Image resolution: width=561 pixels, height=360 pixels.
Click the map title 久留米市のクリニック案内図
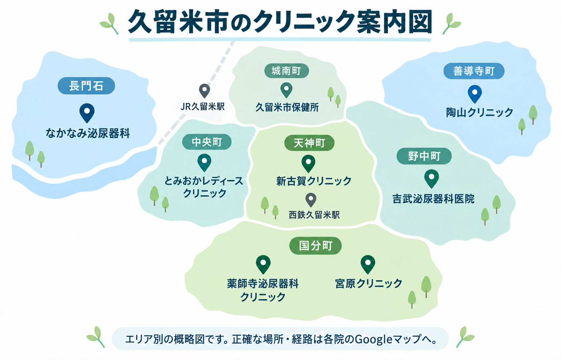(x=280, y=22)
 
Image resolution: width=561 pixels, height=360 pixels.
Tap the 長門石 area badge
(x=86, y=86)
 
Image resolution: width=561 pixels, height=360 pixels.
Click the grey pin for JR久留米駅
(x=204, y=91)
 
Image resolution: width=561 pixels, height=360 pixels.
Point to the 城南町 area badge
(x=286, y=71)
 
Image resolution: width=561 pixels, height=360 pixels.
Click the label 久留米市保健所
(x=287, y=107)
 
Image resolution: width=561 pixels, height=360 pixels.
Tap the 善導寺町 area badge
(x=474, y=71)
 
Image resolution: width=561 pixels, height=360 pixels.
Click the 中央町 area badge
(x=207, y=142)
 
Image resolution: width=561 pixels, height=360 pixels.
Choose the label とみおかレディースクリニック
(x=204, y=187)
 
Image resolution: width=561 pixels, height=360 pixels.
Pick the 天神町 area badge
(x=309, y=143)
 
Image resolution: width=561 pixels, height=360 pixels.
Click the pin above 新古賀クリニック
(x=308, y=164)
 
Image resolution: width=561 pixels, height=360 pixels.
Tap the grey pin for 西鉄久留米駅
(x=311, y=200)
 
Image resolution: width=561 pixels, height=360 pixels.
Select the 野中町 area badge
(x=424, y=156)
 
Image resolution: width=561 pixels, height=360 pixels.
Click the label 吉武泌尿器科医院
(x=433, y=199)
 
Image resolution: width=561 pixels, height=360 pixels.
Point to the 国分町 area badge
(x=315, y=246)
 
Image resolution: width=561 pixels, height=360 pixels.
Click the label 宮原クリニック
(x=369, y=283)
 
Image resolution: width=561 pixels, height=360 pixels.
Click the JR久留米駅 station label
(x=203, y=107)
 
